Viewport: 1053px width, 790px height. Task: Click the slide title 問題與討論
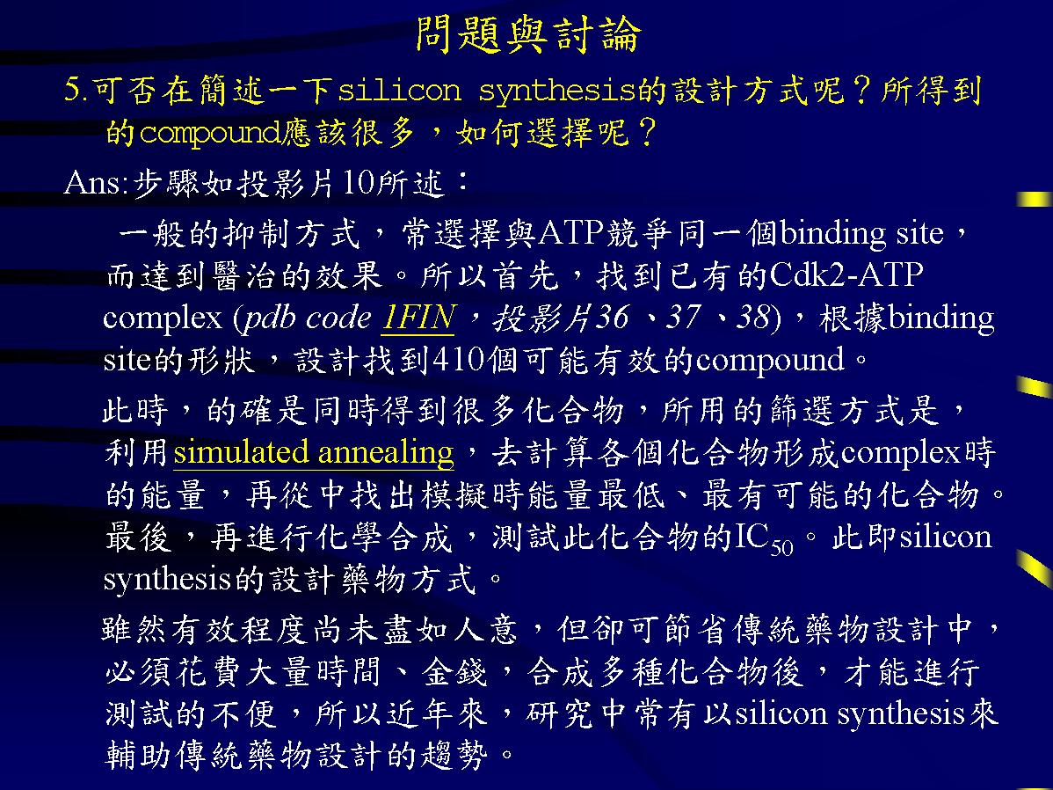pos(528,34)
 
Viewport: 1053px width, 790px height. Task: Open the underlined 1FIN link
pos(418,317)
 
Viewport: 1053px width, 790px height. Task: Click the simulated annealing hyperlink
pos(314,452)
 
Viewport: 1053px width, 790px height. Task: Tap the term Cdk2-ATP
pos(846,274)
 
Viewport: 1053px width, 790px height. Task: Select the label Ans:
pos(96,182)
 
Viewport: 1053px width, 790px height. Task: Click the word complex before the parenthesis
pos(162,318)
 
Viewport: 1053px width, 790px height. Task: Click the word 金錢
pos(454,671)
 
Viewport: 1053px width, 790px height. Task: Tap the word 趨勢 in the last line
pos(454,755)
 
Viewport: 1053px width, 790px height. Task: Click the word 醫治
pos(244,275)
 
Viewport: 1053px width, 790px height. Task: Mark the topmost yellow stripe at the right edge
pos(1035,199)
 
